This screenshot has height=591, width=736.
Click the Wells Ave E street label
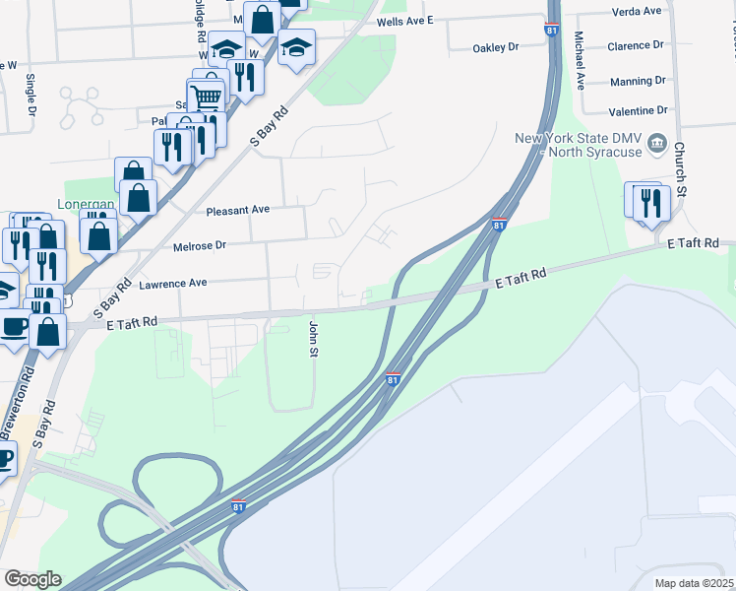pyautogui.click(x=404, y=20)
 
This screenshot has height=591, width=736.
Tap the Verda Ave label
pyautogui.click(x=636, y=11)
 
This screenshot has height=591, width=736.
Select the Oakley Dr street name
pyautogui.click(x=495, y=47)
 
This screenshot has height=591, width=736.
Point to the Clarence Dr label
pyautogui.click(x=636, y=46)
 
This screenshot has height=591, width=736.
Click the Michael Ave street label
pyautogui.click(x=581, y=61)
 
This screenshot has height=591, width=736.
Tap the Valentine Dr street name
pyautogui.click(x=638, y=111)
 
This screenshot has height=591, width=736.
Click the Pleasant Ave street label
pyautogui.click(x=237, y=211)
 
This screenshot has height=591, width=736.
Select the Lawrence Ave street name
pyautogui.click(x=172, y=283)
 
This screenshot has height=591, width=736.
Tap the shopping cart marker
pyautogui.click(x=207, y=98)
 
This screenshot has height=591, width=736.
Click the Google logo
pyautogui.click(x=31, y=579)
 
